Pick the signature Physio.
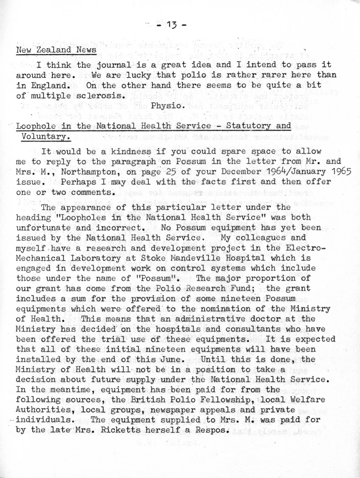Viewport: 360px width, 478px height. click(168, 106)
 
